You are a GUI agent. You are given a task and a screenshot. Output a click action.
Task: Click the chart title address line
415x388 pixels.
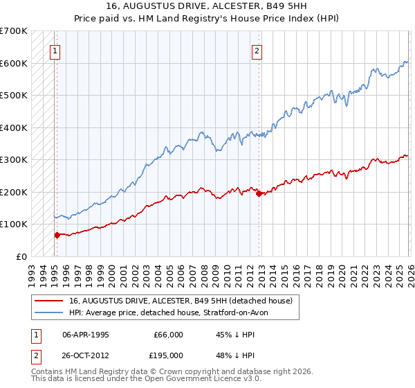point(207,6)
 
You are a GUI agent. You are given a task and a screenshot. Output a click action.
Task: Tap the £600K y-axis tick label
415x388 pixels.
point(14,63)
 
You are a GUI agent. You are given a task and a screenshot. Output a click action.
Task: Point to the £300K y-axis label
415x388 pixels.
point(14,159)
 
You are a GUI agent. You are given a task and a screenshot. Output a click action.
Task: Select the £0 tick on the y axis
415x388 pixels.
point(21,256)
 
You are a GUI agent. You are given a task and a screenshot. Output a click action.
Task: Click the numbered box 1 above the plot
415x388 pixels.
point(55,50)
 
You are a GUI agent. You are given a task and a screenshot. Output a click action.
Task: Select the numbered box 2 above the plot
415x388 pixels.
point(257,50)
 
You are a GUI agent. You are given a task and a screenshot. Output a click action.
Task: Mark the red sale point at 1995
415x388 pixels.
point(57,235)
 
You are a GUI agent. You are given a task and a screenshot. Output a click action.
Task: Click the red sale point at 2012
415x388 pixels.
point(259,194)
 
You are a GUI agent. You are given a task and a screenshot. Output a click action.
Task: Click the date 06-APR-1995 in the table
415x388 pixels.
point(85,334)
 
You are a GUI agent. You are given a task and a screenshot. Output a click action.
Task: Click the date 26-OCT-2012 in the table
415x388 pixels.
point(85,355)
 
